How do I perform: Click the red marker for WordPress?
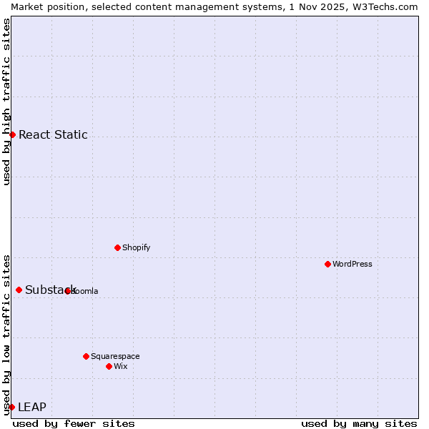327,264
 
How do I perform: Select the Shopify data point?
117,247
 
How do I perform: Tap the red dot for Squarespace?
86,356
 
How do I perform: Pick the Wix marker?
109,366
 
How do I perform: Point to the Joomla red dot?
68,291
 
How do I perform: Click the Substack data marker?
19,290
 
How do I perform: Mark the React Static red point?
12,134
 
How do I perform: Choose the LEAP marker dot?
11,407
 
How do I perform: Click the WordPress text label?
352,264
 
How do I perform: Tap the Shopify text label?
136,247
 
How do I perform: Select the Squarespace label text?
115,356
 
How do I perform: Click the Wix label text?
121,366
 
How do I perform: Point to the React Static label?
53,134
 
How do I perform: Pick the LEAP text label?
32,407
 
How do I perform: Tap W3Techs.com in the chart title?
384,6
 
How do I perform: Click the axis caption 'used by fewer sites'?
74,423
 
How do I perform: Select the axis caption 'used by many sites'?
359,423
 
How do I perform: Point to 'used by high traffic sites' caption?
6,102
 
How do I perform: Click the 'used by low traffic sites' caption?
6,334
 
